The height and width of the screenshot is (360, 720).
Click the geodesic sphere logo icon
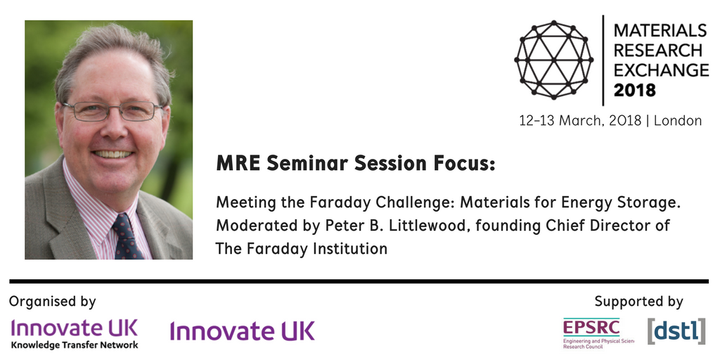tap(553, 59)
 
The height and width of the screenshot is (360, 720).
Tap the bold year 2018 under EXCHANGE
tap(635, 90)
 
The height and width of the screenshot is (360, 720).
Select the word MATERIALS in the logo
tap(660, 30)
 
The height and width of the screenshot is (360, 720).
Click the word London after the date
tap(678, 120)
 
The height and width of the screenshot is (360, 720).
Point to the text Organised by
tap(53, 302)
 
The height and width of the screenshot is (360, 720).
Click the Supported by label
tap(638, 302)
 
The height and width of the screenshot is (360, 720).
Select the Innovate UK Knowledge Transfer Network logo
tap(75, 333)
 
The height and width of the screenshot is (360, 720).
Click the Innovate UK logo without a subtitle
tap(242, 330)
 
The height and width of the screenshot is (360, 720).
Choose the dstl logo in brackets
tap(676, 330)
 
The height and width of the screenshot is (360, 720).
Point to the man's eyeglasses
tap(112, 110)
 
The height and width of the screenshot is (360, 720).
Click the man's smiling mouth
tap(112, 153)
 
